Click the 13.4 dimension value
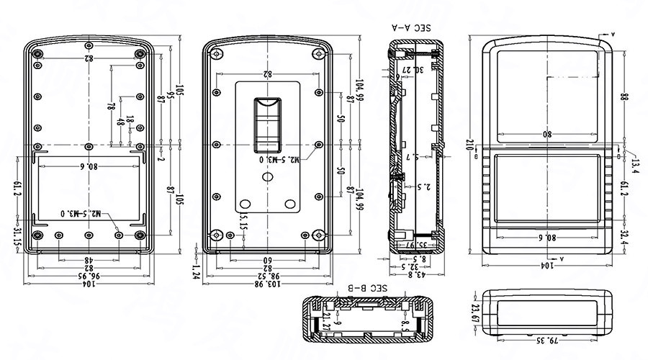click(x=634, y=166)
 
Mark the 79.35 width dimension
click(x=548, y=339)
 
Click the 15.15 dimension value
click(x=243, y=220)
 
